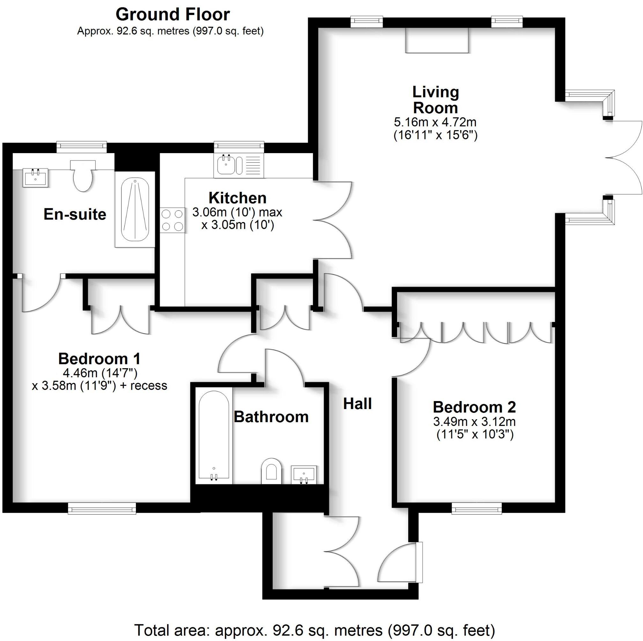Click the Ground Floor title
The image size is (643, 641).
pos(173,15)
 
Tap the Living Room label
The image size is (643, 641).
pos(435,100)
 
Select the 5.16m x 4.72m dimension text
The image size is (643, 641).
pos(435,122)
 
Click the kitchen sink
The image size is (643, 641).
pos(226,165)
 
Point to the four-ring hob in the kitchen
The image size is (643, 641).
pos(173,220)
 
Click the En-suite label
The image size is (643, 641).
pos(75,214)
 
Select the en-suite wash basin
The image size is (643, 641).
pos(36,177)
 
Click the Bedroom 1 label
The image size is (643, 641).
pos(99,359)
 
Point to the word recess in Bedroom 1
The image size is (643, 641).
pos(149,386)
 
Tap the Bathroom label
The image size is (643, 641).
pos(271,417)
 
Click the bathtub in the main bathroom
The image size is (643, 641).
pos(214,437)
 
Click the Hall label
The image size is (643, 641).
pos(358,404)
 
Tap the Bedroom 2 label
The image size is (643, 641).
pos(475,407)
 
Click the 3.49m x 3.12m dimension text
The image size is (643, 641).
pos(475,422)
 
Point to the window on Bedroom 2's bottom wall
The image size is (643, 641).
pos(477,509)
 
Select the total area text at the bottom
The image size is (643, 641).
pos(314,630)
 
